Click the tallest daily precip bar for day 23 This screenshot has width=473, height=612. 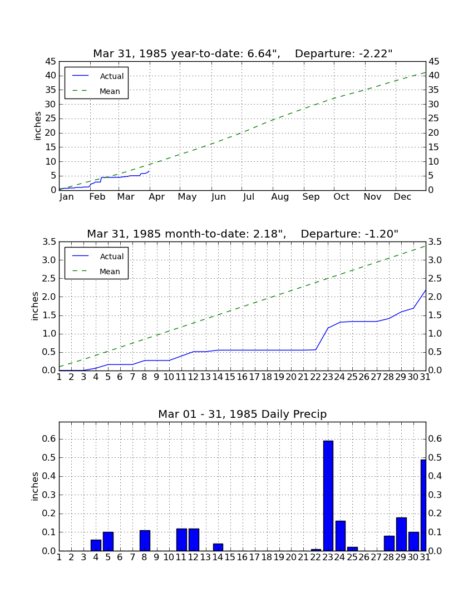[328, 496]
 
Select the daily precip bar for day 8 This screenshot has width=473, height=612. [145, 541]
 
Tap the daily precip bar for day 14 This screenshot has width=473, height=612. [218, 547]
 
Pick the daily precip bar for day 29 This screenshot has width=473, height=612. [402, 534]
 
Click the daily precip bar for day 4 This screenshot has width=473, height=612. [96, 545]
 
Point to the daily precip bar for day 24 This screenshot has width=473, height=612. [341, 536]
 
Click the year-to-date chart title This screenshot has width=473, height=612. [243, 53]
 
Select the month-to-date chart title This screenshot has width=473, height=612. [243, 234]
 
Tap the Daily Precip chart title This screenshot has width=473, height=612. [243, 414]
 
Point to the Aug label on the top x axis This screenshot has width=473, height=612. [280, 197]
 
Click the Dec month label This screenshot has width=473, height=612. [402, 197]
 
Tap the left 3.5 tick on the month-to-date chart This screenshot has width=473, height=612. [49, 242]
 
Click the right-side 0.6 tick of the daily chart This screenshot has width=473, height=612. [435, 439]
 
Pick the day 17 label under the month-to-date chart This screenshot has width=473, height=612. [254, 377]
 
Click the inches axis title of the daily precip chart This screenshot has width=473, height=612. [35, 486]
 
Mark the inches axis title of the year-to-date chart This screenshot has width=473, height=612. [37, 126]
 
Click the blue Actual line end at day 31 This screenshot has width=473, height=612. [426, 290]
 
